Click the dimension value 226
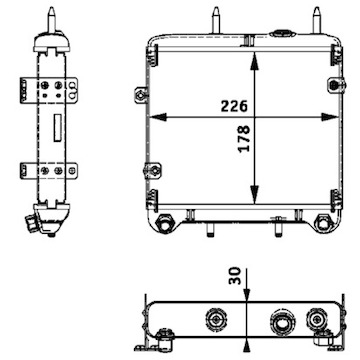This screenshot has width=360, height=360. coord(234,106)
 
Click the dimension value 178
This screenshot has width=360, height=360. coord(244,138)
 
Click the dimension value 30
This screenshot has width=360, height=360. coord(235,276)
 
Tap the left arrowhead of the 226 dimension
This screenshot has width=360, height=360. coord(158,117)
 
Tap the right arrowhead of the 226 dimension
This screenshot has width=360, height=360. coord(330,117)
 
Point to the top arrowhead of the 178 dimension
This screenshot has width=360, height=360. coord(254,61)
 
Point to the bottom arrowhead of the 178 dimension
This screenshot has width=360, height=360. coord(254,195)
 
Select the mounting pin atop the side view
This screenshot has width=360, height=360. coord(51,20)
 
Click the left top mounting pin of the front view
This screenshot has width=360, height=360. coord(216,20)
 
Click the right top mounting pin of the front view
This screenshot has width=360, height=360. coord(317,20)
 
